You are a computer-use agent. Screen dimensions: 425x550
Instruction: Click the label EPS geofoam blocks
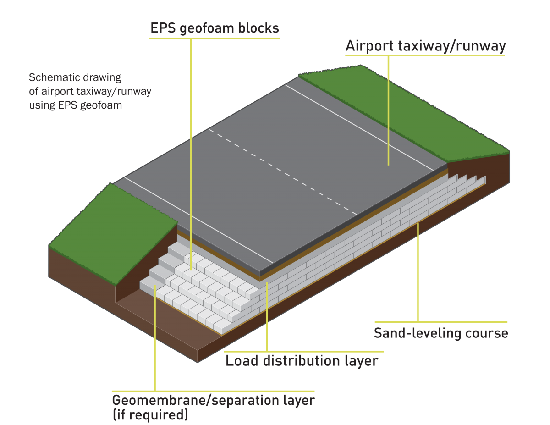[x=214, y=28]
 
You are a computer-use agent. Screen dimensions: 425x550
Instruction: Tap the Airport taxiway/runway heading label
[x=425, y=46]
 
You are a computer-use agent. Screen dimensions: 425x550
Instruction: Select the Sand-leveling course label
[x=441, y=333]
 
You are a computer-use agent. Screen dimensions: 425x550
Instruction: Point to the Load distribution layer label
[x=302, y=361]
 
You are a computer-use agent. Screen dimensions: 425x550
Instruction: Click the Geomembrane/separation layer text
[x=214, y=400]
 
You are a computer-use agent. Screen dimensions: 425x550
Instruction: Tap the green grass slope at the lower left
[x=110, y=229]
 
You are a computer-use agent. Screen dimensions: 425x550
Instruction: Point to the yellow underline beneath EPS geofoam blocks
[x=214, y=38]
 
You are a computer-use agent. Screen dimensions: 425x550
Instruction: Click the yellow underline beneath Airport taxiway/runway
[x=425, y=55]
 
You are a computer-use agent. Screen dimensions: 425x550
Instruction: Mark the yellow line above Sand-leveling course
[x=441, y=322]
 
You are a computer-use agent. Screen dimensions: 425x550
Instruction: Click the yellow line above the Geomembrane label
[x=214, y=391]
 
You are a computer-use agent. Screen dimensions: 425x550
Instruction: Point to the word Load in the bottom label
[x=241, y=361]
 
